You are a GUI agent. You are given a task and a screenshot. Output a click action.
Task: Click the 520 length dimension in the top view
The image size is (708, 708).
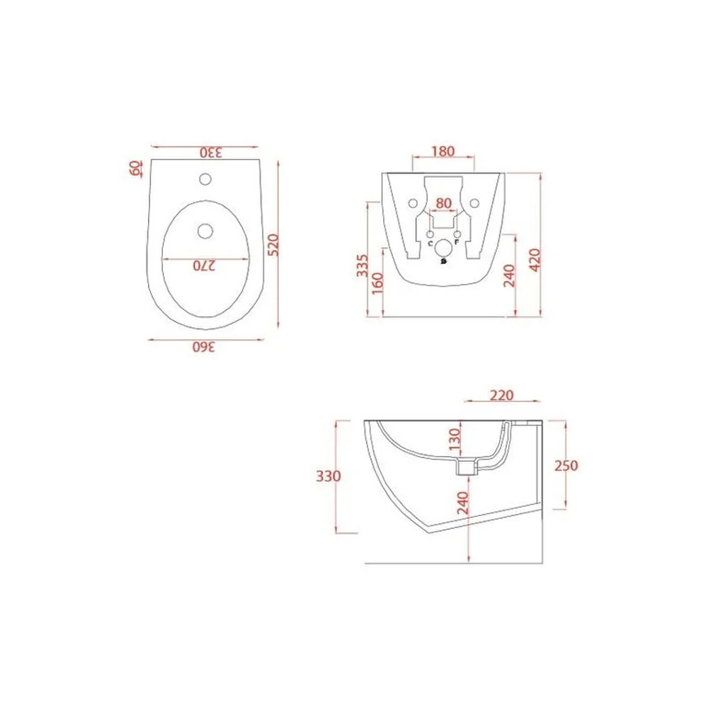[x=273, y=245]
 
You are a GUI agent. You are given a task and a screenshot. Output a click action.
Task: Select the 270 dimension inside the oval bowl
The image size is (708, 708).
[x=205, y=265]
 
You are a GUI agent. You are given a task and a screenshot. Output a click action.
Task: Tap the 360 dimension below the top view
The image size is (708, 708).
[x=204, y=347]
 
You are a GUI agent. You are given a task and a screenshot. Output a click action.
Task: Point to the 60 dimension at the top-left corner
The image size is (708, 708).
[x=135, y=168]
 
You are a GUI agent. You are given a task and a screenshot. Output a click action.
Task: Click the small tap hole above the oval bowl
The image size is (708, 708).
[x=205, y=179]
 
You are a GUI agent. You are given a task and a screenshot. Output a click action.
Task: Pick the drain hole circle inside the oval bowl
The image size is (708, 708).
[x=205, y=232]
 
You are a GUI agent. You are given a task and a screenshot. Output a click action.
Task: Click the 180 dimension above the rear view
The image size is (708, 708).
[x=443, y=152]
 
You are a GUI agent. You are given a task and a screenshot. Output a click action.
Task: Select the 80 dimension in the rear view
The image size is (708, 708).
[x=444, y=203]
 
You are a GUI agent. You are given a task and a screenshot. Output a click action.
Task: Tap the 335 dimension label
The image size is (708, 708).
[x=362, y=266]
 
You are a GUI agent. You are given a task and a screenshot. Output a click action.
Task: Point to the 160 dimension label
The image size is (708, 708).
[x=377, y=283]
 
